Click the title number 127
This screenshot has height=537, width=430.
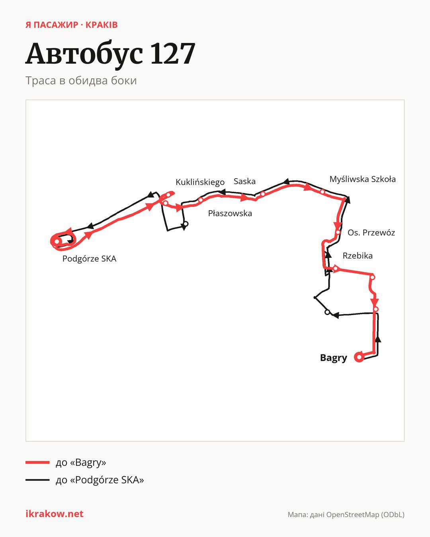[173, 54]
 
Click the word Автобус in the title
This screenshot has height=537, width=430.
[84, 54]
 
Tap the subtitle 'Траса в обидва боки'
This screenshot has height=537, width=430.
[81, 81]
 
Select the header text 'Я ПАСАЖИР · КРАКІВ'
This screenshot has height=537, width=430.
[71, 25]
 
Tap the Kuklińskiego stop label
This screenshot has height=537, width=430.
[200, 182]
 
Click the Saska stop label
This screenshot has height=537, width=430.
[244, 181]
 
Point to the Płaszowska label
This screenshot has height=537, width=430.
[230, 213]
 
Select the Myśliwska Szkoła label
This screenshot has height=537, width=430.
[363, 179]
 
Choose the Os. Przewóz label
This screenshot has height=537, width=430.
[371, 233]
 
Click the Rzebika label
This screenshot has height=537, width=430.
[358, 255]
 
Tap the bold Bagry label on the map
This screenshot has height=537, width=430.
[334, 358]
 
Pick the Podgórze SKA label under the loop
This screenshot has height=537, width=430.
[90, 259]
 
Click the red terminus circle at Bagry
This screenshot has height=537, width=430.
[359, 357]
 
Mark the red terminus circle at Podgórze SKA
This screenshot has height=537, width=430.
[57, 241]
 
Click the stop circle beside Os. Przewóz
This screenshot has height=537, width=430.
[338, 232]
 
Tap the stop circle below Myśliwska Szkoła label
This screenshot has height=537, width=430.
[322, 192]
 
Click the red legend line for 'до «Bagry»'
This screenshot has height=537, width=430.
[37, 462]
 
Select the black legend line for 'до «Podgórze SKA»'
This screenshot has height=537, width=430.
[37, 480]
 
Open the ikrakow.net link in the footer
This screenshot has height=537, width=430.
[55, 514]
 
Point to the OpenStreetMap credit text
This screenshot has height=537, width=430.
[346, 515]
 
